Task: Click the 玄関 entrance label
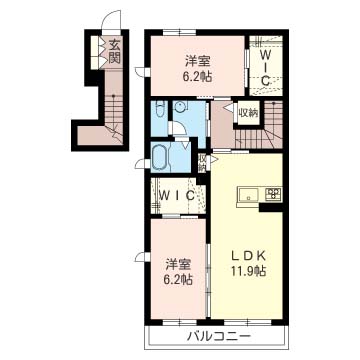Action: tap(114, 52)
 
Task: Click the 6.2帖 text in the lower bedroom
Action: tap(178, 279)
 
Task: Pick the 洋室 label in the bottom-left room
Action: tap(178, 264)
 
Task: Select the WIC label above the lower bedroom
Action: tap(178, 197)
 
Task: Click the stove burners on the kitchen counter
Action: tap(275, 193)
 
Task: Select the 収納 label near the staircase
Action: tap(248, 113)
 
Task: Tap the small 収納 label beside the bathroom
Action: tap(202, 161)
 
